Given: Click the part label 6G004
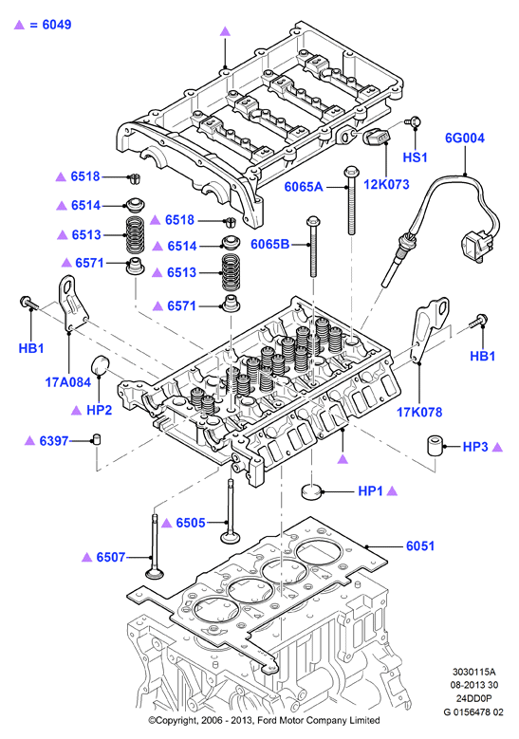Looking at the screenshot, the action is coord(465,139).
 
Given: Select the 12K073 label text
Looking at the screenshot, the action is coord(386,184).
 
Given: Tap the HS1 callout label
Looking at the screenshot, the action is coord(415,157).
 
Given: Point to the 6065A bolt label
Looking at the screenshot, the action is coord(304,187).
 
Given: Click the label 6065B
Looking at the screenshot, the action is coord(270,244).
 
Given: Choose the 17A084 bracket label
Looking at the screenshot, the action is coord(68,382).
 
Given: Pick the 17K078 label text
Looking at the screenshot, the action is coord(419,413).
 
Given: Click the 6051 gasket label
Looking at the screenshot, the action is coord(420,546).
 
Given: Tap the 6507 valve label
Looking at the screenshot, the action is coord(111,557).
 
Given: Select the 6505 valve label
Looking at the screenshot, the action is coord(191,523).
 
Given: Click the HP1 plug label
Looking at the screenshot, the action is coord(371,491).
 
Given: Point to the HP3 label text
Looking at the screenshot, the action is coord(475,447).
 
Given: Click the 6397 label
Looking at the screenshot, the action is coord(54,441).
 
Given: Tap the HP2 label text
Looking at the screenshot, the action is coord(99,410).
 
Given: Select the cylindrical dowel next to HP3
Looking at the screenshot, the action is coord(436,446).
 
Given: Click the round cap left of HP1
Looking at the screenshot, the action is coord(311,491).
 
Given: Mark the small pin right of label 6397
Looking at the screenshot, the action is coord(96,440).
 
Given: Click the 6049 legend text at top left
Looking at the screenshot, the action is coord(57,25).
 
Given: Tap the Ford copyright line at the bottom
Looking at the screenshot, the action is coord(264,720).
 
